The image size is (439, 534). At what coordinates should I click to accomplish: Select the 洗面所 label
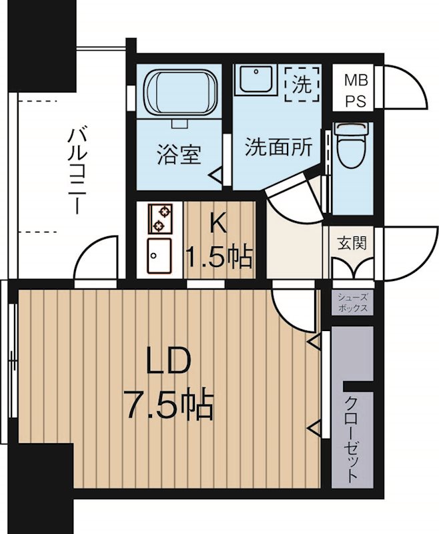278,147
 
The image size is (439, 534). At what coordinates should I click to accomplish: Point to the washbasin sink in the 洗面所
254,82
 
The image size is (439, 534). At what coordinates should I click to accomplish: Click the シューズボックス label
352,304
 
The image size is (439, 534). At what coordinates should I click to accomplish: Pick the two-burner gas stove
160,216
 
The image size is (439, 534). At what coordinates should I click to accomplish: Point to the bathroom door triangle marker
217,176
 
